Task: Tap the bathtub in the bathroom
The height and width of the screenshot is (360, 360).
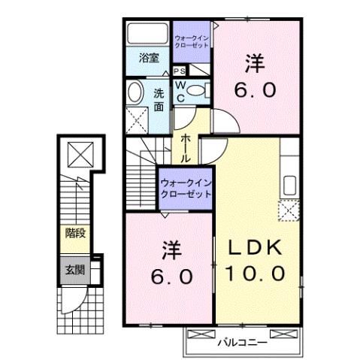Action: point(147,35)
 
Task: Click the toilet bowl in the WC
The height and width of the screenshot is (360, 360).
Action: point(197,91)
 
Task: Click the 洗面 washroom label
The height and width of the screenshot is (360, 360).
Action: point(159,100)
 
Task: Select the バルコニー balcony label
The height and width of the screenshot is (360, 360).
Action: point(242,343)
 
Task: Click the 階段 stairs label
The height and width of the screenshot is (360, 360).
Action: point(74,233)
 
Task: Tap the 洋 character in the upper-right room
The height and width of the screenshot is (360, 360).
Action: point(258,63)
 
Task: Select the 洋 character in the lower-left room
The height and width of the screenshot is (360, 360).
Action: point(170,249)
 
